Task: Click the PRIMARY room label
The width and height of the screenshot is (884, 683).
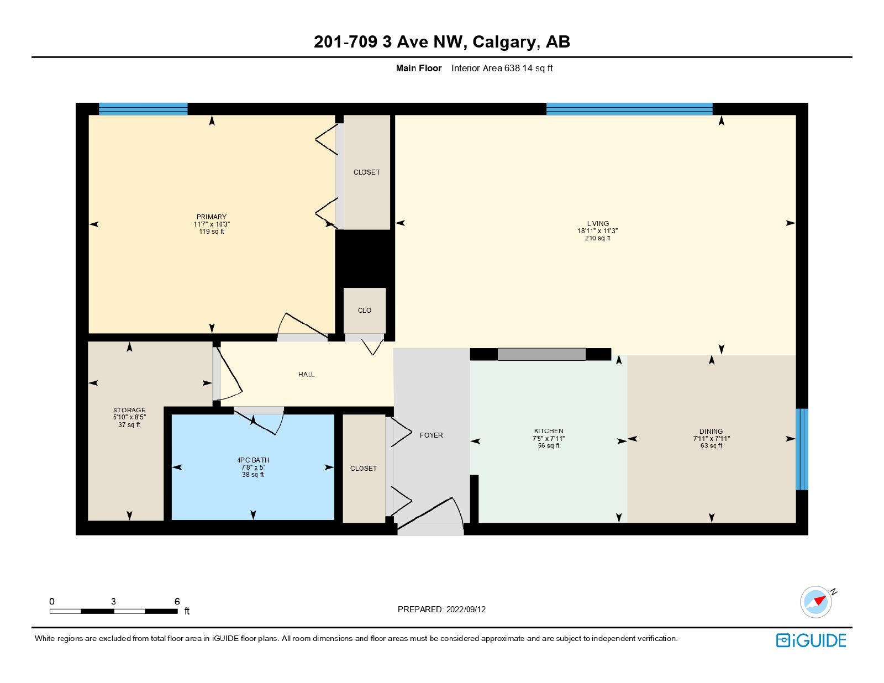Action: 211,217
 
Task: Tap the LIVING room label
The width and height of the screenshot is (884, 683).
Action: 598,223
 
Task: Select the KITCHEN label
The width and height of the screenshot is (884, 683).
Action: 549,431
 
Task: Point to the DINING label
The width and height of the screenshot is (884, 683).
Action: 711,431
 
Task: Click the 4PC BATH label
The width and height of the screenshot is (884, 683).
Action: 253,460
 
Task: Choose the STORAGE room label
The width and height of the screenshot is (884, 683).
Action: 129,410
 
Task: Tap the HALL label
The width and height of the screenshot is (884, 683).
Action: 306,374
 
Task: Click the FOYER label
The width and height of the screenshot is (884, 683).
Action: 431,435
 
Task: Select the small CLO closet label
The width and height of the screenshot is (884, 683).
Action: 365,311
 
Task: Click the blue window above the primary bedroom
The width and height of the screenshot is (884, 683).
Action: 143,109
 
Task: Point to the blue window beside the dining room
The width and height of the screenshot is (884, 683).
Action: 802,449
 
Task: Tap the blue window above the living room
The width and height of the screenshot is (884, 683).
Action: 629,109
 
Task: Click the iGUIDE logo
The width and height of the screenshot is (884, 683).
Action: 811,640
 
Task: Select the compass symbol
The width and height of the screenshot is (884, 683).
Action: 816,602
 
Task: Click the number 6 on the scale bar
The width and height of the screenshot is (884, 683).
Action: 177,601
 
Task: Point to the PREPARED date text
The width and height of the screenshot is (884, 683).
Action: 441,610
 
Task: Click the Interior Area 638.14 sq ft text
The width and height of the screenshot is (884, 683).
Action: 502,69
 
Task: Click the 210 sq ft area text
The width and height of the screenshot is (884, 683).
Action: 598,238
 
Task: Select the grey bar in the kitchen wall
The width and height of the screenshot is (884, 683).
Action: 541,354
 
